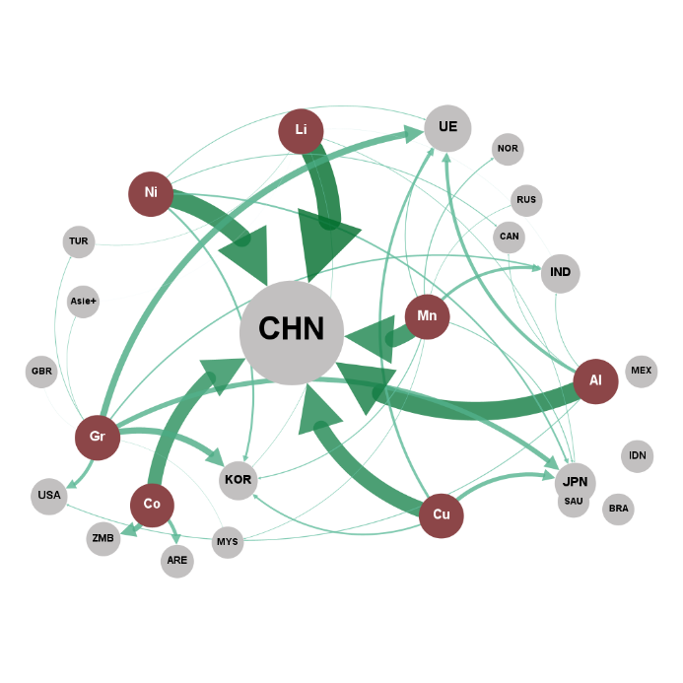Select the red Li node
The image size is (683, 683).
[x=302, y=131]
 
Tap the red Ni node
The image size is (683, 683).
[x=151, y=193]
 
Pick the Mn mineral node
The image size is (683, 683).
[x=427, y=316]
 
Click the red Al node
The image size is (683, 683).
[x=595, y=380]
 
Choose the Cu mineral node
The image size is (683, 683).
[x=442, y=515]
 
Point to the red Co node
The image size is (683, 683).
[x=152, y=505]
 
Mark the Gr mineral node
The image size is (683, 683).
[x=98, y=437]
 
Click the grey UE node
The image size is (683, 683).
[x=447, y=128]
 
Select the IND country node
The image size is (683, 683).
[x=561, y=273]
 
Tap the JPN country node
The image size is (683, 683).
[x=575, y=482]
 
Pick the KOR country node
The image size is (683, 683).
[x=239, y=481]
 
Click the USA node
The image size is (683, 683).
[x=48, y=495]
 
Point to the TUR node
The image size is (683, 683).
[x=79, y=241]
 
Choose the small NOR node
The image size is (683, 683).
[x=508, y=149]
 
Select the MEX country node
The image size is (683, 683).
[x=642, y=371]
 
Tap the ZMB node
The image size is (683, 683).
[x=102, y=539]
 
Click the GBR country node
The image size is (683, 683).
[x=41, y=372]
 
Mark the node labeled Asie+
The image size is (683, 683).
[x=83, y=302]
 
